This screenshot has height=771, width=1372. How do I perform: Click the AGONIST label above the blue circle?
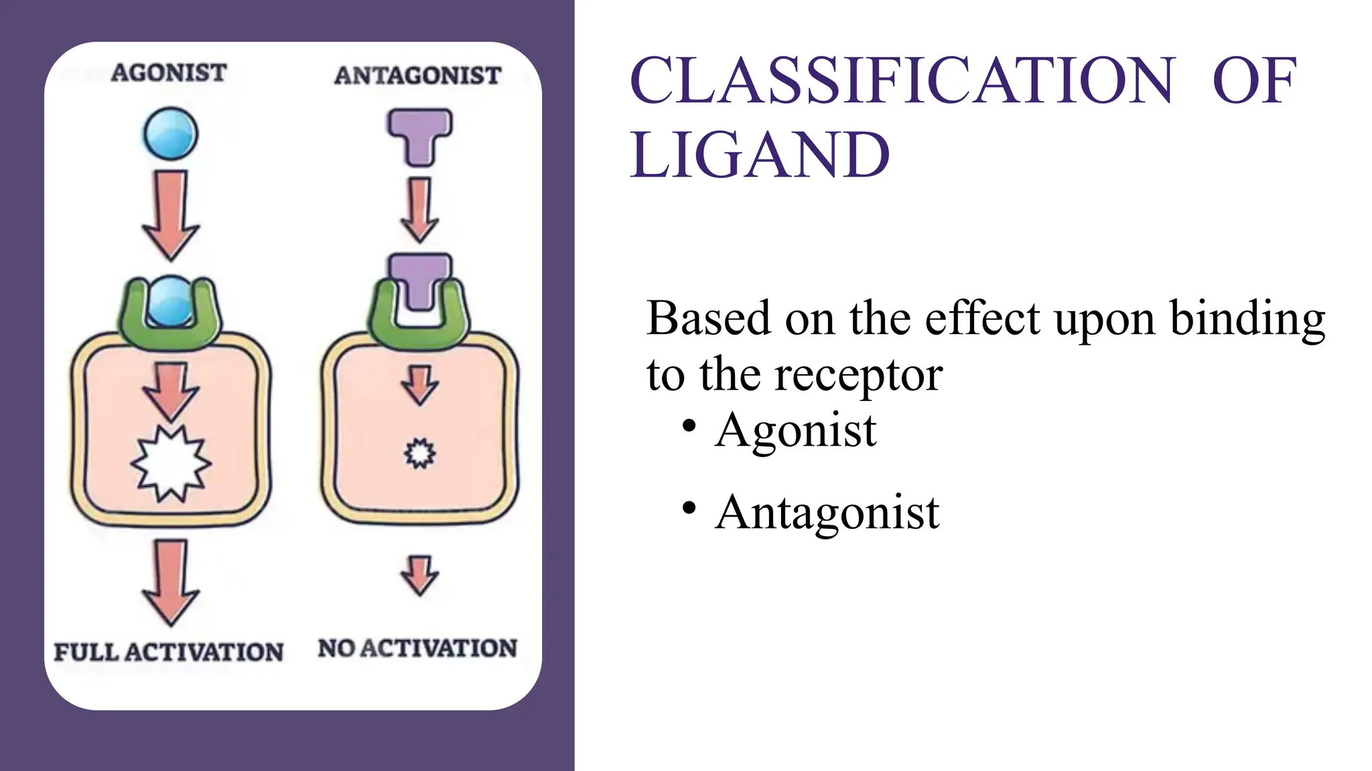169,72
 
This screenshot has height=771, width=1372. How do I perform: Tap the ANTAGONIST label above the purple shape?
417,76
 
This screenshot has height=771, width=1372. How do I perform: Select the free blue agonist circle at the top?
170,134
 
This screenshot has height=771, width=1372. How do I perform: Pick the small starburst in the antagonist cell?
420,453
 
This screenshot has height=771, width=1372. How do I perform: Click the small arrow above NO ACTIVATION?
420,575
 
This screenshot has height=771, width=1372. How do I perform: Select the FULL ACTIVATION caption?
168,652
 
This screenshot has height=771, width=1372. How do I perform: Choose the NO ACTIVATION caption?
417,649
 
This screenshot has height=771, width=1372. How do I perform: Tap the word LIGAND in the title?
760,155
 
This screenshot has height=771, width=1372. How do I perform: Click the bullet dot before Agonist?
689,426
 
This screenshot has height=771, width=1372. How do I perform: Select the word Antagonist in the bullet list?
827,513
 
